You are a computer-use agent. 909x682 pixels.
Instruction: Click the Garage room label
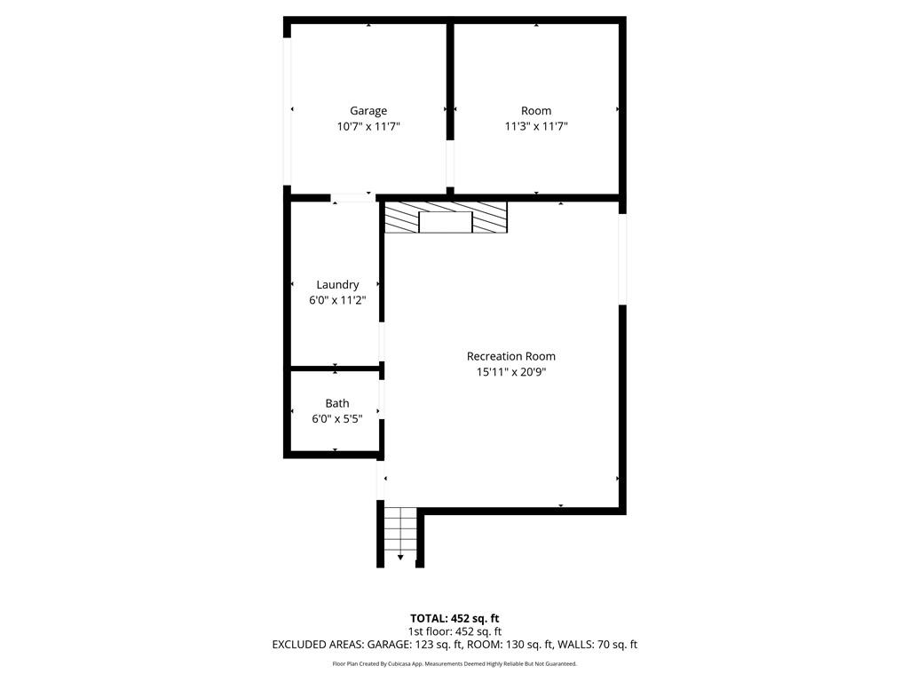(x=368, y=111)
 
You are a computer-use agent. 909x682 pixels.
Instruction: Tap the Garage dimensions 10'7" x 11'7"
(x=368, y=127)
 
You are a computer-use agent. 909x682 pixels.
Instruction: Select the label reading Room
(x=536, y=111)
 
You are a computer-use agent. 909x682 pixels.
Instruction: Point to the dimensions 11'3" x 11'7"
(x=536, y=127)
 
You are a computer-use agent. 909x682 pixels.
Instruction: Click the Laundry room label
(x=337, y=285)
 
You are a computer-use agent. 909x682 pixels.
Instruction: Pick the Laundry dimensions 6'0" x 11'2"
(x=337, y=301)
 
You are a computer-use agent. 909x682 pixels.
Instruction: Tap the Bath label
(x=337, y=403)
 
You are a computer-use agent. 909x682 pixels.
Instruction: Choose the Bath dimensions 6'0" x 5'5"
(x=337, y=419)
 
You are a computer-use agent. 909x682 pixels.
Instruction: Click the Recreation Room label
(x=511, y=356)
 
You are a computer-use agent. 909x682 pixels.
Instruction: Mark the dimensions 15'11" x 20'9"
(x=511, y=373)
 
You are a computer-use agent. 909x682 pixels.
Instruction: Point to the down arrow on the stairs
(x=400, y=557)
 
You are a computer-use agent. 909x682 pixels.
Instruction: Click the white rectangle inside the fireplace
(x=445, y=222)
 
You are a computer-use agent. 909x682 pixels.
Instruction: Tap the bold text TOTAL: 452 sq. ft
(x=454, y=618)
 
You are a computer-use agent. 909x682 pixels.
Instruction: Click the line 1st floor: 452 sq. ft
(x=454, y=631)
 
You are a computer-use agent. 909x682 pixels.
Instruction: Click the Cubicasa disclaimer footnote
(x=454, y=664)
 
